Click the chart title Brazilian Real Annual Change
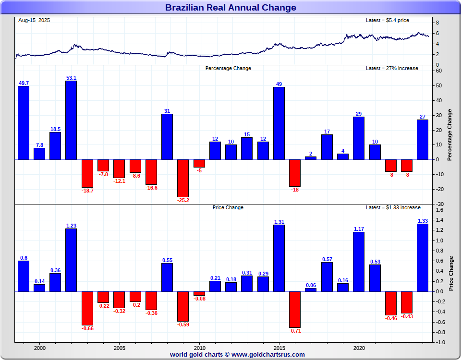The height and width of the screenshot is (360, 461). point(230,8)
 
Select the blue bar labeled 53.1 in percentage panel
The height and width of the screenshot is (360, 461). point(71,120)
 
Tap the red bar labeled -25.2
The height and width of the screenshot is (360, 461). point(183,178)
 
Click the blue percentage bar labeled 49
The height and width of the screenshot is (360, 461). point(279,123)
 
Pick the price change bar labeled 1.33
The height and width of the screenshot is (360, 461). point(423,257)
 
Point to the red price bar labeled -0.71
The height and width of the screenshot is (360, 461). point(295,309)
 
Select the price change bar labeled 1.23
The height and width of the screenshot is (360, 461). point(71,260)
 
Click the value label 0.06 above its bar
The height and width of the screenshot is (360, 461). point(311,285)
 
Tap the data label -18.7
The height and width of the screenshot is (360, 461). point(87,191)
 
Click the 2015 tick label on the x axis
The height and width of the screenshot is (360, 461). point(279,348)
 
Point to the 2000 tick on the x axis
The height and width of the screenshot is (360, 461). point(40,348)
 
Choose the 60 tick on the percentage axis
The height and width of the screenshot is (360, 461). point(439,71)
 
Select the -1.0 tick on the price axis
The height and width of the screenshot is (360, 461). point(440,342)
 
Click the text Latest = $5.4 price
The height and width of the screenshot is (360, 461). point(388,20)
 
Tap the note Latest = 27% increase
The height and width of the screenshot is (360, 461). point(392,68)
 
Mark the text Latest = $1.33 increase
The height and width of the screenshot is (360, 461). point(393,207)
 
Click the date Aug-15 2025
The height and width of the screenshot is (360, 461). point(34,20)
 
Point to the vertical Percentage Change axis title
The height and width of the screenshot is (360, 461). point(450,135)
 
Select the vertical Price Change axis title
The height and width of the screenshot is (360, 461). point(451,273)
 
